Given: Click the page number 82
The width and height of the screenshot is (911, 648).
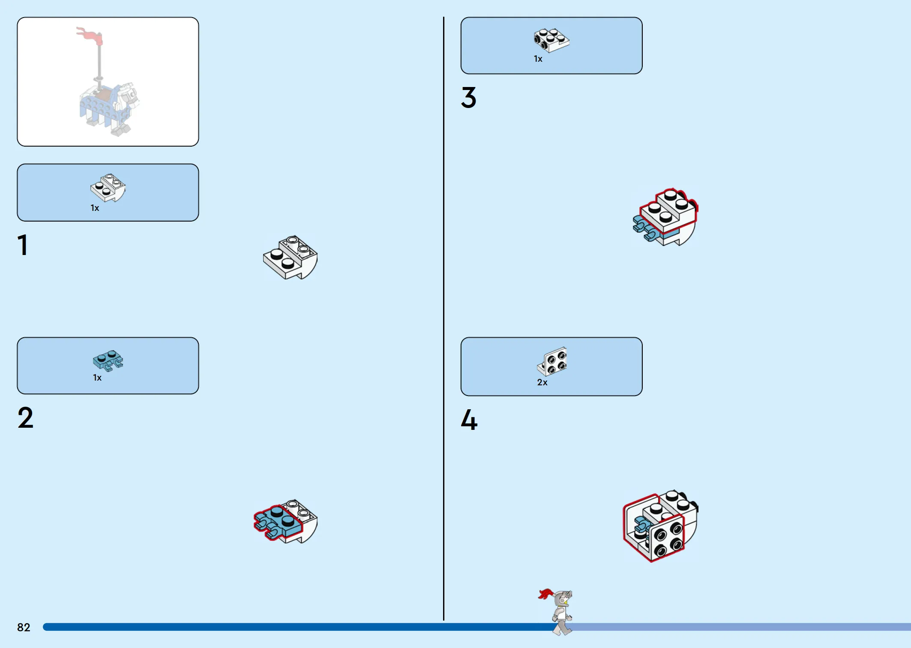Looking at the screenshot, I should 24,627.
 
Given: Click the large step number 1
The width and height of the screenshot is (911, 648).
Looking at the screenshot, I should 23,245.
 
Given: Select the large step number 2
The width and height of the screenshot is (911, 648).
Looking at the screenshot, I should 25,418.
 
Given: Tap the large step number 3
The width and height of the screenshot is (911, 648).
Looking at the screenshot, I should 468,98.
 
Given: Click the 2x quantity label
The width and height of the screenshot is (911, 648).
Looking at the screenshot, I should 542,382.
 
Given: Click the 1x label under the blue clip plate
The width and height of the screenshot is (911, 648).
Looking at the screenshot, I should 97,378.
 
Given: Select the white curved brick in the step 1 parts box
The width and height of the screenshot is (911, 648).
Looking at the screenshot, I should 108,187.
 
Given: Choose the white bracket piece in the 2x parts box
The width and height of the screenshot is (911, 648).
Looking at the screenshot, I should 552,361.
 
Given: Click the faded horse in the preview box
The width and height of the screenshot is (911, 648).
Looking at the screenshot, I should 109,107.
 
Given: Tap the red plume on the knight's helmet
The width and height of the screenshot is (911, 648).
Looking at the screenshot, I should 545,594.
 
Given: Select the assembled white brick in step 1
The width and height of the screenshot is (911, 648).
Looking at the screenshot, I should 291,257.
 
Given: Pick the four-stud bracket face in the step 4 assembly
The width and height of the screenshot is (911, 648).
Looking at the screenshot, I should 667,539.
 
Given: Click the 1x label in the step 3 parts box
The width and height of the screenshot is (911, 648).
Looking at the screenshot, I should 538,59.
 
